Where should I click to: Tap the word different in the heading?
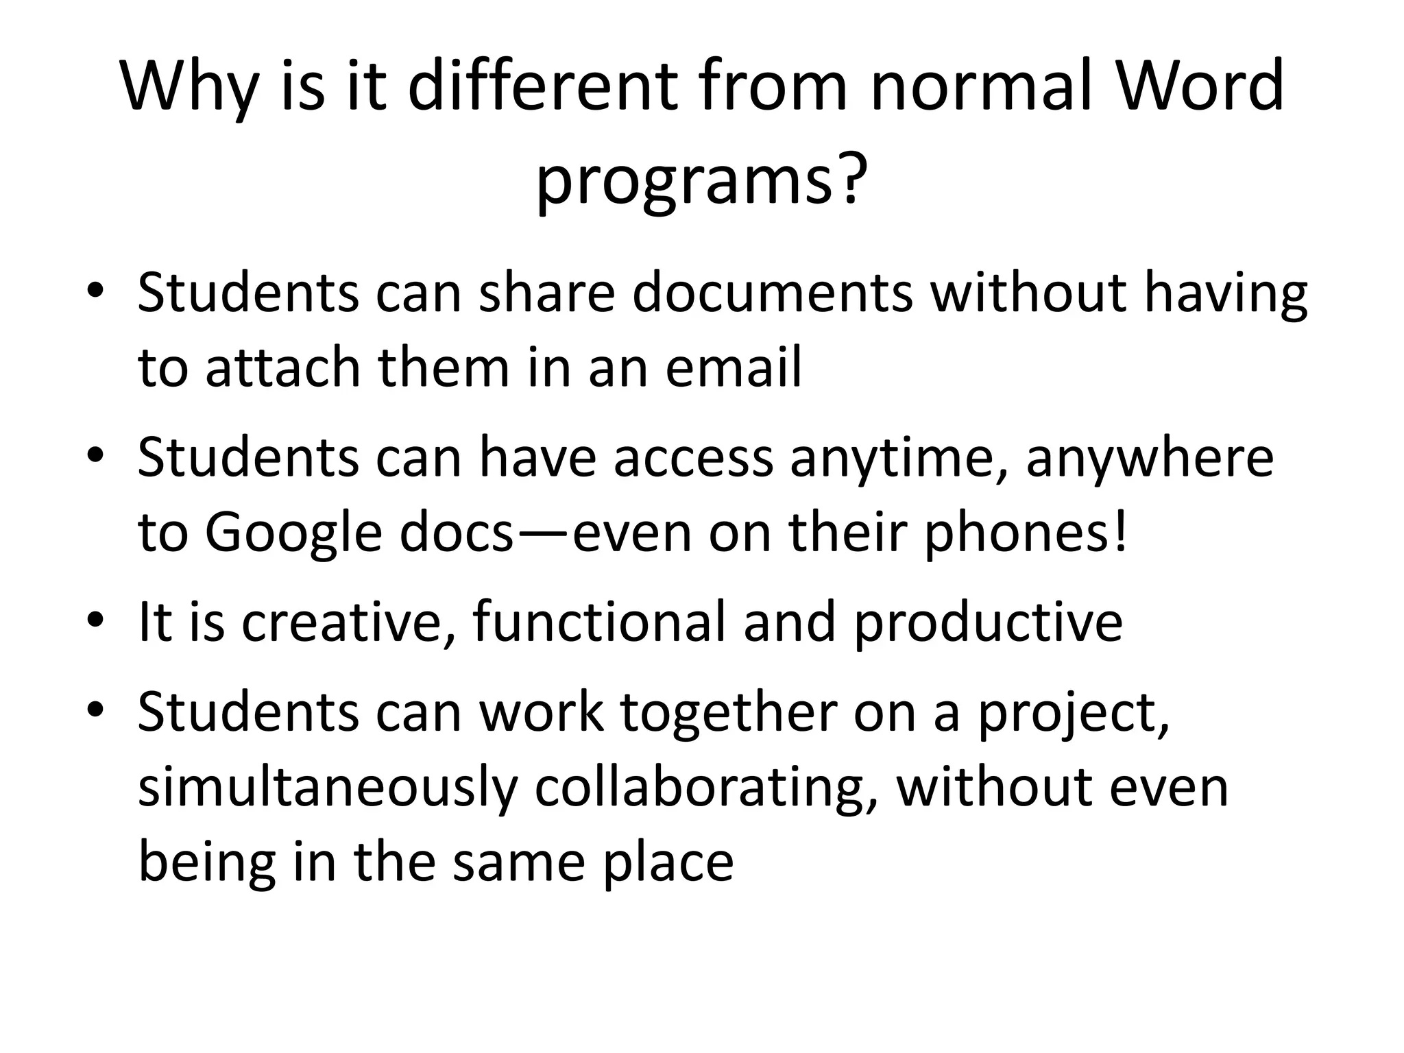543,86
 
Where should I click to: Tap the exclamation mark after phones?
1121,533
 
